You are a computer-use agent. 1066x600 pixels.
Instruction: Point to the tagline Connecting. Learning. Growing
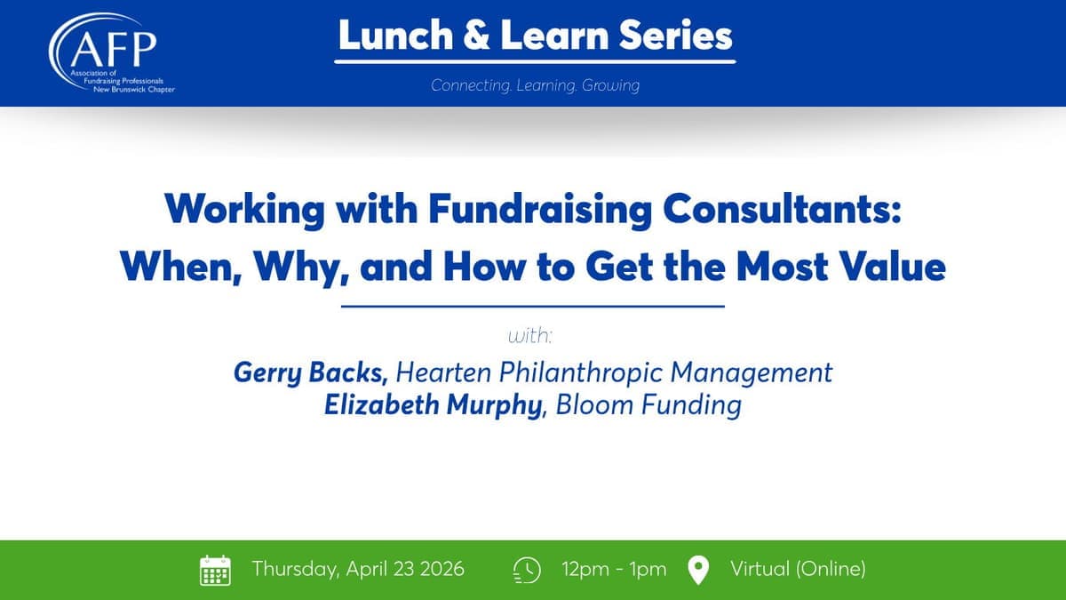pos(535,85)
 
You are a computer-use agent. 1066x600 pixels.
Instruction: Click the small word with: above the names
pos(530,337)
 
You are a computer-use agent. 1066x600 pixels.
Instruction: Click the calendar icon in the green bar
pos(215,570)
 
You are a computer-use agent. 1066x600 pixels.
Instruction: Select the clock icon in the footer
pos(527,570)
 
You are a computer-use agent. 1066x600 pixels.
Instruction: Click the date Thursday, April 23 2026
pos(358,569)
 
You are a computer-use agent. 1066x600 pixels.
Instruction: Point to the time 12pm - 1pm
pos(614,569)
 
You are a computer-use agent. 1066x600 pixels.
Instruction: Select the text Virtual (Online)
pos(798,569)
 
